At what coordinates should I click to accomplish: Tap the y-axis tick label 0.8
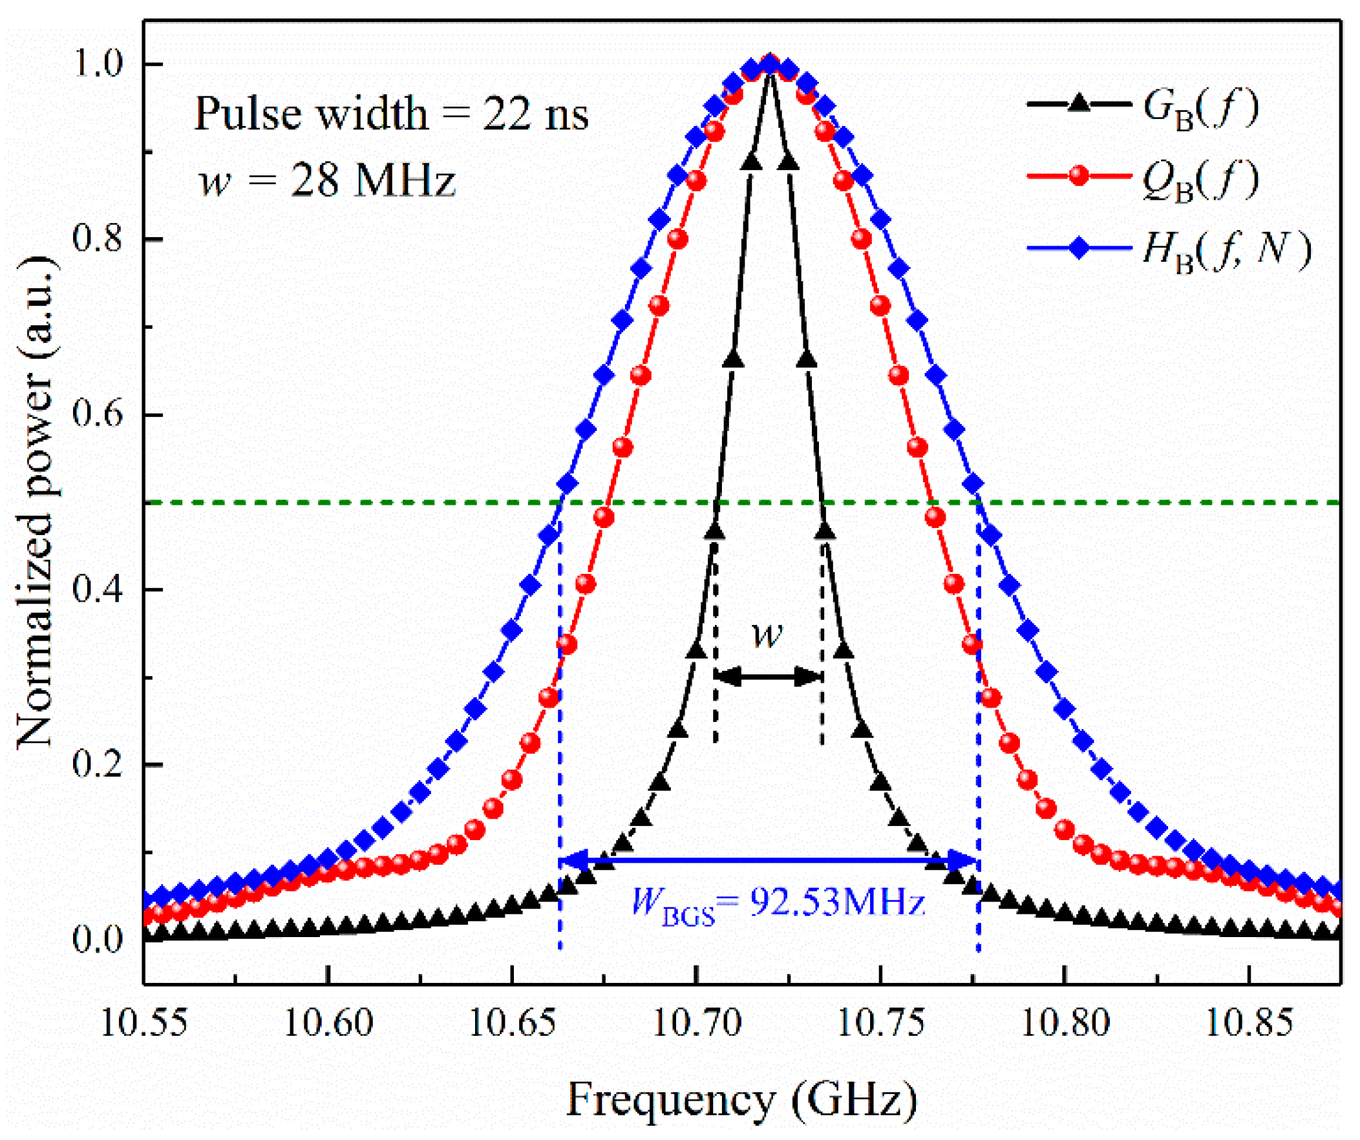97,239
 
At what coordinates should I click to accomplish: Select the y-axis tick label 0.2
97,765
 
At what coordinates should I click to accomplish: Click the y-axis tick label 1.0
97,64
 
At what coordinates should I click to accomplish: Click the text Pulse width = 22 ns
391,114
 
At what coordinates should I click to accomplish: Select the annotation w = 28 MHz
328,180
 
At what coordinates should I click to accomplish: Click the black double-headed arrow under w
769,677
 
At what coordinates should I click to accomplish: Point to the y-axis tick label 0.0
97,939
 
